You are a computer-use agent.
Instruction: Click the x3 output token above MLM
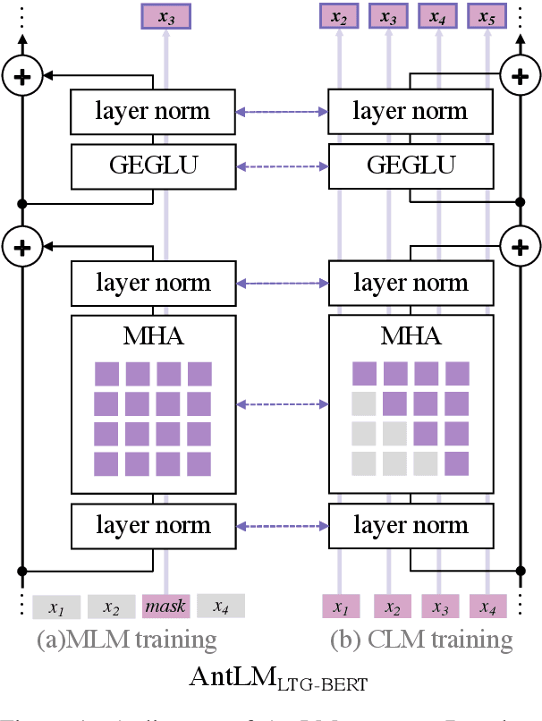[165, 16]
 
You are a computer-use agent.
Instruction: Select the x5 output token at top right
[487, 16]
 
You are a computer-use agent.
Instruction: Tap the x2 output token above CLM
[339, 16]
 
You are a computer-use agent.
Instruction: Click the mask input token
[165, 606]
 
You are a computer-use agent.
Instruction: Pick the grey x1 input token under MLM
[57, 607]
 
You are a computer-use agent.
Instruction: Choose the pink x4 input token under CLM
[487, 607]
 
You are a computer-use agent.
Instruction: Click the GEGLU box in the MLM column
[153, 165]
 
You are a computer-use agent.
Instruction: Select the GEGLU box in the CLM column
[411, 165]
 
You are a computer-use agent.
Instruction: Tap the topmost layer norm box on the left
[153, 111]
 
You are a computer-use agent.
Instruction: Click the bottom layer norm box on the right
[411, 525]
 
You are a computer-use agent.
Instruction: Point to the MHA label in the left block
[153, 336]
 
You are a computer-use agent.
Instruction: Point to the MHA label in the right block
[411, 336]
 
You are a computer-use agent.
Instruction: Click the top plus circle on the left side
[24, 77]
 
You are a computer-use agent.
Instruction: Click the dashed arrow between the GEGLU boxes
[282, 165]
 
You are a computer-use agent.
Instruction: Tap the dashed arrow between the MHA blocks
[282, 403]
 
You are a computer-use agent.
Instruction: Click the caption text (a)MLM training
[127, 640]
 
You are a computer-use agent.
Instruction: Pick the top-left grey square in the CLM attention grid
[364, 403]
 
